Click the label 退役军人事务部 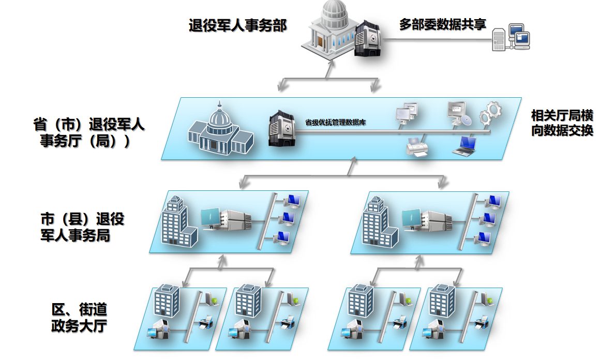237,25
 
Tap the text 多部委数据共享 442,24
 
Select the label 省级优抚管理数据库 335,123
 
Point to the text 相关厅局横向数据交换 562,122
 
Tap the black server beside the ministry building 368,39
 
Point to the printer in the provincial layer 417,147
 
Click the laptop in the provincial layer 464,146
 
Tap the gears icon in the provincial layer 488,114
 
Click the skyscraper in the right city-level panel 379,223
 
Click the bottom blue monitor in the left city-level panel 282,237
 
